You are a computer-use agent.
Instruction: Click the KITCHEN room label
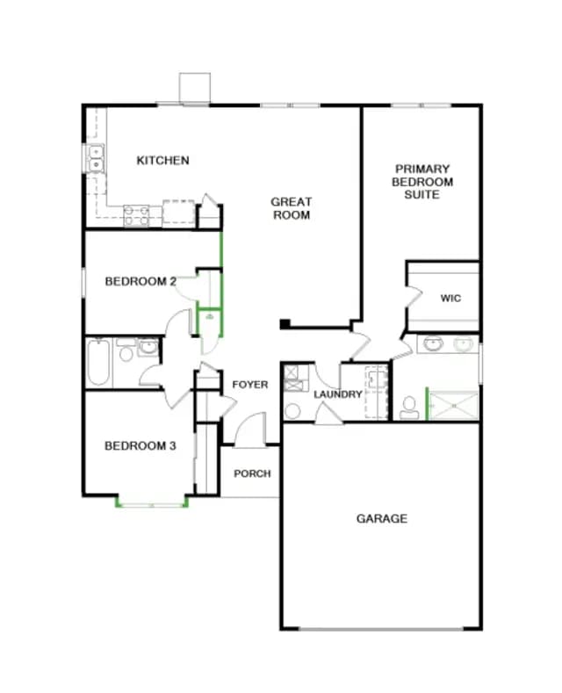[x=162, y=160]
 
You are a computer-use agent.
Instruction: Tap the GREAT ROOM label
[x=292, y=208]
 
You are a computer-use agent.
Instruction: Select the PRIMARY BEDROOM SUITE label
[x=422, y=182]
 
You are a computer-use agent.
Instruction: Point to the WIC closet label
[x=450, y=299]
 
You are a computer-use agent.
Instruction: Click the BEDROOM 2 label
[x=140, y=281]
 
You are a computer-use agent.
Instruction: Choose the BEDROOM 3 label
[x=140, y=445]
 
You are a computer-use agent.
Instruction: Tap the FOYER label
[x=250, y=385]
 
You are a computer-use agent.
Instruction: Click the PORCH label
[x=252, y=473]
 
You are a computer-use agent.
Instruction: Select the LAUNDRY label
[x=338, y=394]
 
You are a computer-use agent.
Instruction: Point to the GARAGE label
[x=382, y=518]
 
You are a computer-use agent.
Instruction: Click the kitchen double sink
[x=96, y=159]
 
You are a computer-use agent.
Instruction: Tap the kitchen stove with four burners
[x=136, y=216]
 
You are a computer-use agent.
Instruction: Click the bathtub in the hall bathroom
[x=98, y=363]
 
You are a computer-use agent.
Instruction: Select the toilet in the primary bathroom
[x=409, y=408]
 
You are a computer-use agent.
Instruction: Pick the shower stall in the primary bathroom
[x=454, y=406]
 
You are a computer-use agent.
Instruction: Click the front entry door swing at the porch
[x=250, y=429]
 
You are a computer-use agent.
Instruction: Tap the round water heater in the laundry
[x=292, y=411]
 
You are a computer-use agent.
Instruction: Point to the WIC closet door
[x=413, y=298]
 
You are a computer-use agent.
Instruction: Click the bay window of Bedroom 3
[x=152, y=502]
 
